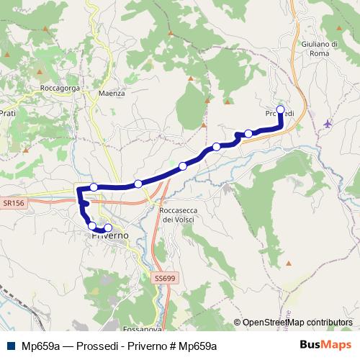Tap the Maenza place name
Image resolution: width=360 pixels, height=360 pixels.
click(112, 94)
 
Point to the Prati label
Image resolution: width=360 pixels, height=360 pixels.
click(8, 113)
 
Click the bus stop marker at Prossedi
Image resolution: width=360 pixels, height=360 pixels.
click(281, 109)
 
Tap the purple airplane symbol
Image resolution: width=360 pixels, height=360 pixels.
click(328, 123)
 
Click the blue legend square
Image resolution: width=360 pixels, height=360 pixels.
click(9, 345)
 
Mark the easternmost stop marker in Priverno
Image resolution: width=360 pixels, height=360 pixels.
click(108, 229)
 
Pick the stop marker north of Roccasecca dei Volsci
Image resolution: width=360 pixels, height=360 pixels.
click(183, 166)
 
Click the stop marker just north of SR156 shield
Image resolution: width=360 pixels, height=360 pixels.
click(94, 187)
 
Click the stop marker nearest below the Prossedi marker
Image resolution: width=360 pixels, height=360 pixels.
click(249, 133)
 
